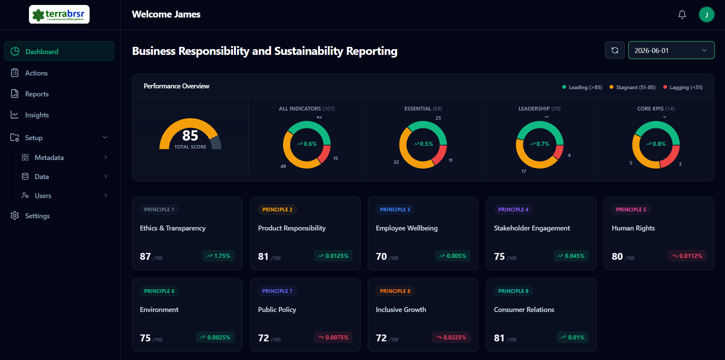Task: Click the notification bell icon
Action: [x=682, y=15]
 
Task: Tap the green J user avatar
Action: [x=706, y=15]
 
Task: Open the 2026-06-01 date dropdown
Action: [x=671, y=50]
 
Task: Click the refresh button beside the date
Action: [x=614, y=50]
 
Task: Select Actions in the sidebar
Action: [x=36, y=73]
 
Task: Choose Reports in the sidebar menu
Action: [x=37, y=94]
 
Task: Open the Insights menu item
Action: [x=37, y=115]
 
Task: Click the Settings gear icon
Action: [x=15, y=216]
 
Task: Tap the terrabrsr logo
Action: [x=59, y=14]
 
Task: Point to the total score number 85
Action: [x=190, y=136]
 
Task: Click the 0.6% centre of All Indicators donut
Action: [x=307, y=144]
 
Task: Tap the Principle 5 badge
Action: [x=631, y=210]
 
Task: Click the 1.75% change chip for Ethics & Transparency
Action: [x=218, y=256]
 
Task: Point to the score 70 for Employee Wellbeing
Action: [x=381, y=256]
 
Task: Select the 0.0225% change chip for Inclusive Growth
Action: [x=451, y=338]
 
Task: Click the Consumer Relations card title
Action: [x=524, y=310]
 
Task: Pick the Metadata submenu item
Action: [x=49, y=157]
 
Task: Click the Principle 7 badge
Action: [x=277, y=291]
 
